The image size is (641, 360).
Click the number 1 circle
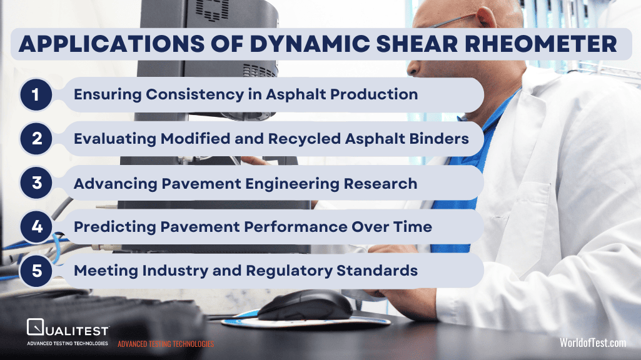(x=36, y=95)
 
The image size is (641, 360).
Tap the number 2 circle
(x=36, y=139)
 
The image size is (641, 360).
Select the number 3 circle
(x=36, y=182)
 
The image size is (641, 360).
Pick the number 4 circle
(x=36, y=227)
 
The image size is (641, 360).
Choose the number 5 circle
(x=36, y=271)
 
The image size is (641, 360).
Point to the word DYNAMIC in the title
(x=310, y=44)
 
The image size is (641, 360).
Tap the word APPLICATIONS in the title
(x=111, y=44)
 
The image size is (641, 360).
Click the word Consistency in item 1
(x=195, y=95)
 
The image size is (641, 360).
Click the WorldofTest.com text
(x=593, y=342)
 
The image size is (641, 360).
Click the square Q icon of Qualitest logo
(x=35, y=327)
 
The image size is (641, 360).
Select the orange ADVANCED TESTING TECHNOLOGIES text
(x=166, y=344)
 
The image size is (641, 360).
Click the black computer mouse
(x=305, y=304)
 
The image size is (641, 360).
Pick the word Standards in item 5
(x=377, y=271)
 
